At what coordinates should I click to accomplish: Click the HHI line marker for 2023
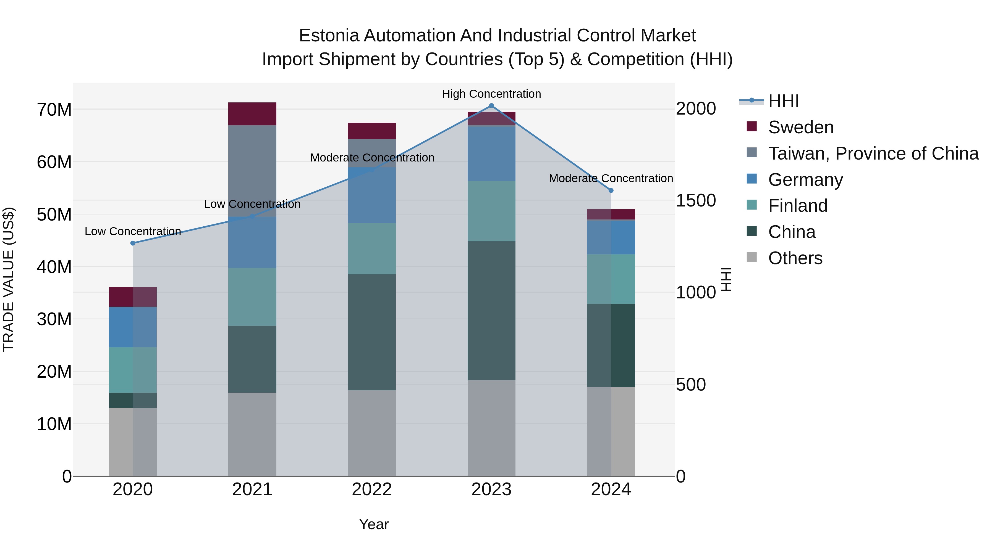(491, 106)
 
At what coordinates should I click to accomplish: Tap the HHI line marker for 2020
(133, 243)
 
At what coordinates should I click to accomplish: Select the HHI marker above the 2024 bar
(611, 190)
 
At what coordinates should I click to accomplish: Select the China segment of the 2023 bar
(491, 311)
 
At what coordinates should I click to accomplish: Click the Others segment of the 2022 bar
(371, 433)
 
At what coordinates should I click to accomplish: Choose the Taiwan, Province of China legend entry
(873, 153)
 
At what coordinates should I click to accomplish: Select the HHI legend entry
(783, 101)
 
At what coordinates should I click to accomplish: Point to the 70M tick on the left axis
(54, 110)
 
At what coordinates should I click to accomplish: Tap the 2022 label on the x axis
(371, 489)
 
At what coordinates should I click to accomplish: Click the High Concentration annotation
(491, 94)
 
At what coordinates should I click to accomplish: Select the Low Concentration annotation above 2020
(133, 232)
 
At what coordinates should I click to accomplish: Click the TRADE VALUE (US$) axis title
(9, 279)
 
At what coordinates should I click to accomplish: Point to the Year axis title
(373, 524)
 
